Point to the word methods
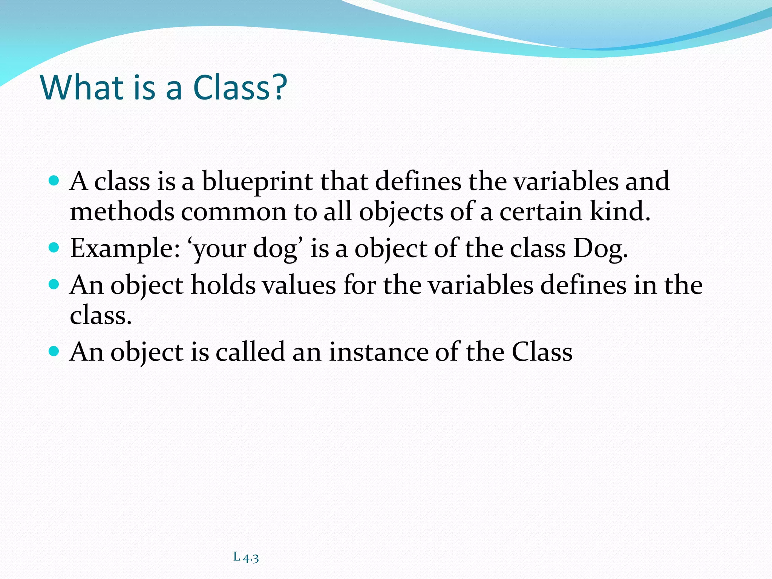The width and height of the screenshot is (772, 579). pos(122,211)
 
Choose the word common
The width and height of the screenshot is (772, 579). pos(234,212)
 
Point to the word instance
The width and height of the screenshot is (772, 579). pos(378,352)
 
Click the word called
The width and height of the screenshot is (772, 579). pos(250,352)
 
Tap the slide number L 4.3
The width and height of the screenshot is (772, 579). pos(246,557)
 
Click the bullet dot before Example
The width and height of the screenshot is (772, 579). pos(54,248)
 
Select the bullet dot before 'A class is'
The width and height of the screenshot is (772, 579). pos(54,181)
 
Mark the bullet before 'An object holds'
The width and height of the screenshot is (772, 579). pos(54,284)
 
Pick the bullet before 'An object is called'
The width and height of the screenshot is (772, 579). pos(54,351)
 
